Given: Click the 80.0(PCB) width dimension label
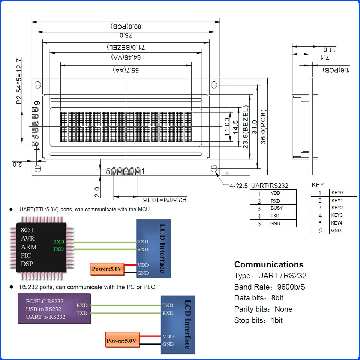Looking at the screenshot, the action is pos(126,27).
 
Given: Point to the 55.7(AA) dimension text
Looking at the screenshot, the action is pos(126,70).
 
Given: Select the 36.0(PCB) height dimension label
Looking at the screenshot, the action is pos(263,127).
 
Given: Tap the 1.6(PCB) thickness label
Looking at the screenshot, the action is pos(336,70).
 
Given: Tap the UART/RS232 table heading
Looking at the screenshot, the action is pos(270,186).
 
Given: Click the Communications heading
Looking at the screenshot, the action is pos(269,264).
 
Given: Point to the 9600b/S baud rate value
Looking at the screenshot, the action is pos(291,287).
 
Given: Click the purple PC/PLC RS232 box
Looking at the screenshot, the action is pos(54,308).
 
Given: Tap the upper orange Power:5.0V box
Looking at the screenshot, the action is pos(107,269).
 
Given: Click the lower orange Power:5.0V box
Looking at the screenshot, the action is pos(122,340).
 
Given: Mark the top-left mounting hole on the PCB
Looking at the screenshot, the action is pos(37,85).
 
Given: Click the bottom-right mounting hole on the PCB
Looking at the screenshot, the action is pos(214,169).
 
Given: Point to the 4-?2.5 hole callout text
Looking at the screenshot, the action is pos(238,186).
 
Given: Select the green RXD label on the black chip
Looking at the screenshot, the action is pos(58,241).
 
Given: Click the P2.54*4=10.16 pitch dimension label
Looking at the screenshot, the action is pos(165,200).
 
